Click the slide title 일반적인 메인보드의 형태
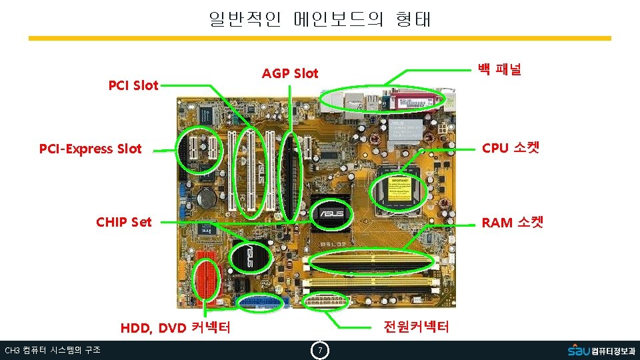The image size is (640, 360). (x=320, y=19)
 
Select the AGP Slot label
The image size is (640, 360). (x=290, y=73)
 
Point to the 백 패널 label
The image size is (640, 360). (x=499, y=69)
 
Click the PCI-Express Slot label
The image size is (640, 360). (x=91, y=149)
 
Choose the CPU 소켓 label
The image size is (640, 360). (x=510, y=148)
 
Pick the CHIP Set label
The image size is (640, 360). (x=124, y=222)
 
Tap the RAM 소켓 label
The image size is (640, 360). (x=512, y=222)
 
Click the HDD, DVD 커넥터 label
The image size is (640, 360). (x=175, y=327)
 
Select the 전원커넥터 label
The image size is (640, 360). (x=415, y=327)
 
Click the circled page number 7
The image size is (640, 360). (x=320, y=351)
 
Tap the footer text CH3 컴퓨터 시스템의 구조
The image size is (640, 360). (x=53, y=351)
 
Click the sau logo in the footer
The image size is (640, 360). (x=601, y=350)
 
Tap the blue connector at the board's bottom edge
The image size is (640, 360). (x=261, y=303)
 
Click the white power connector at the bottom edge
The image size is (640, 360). (x=327, y=301)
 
